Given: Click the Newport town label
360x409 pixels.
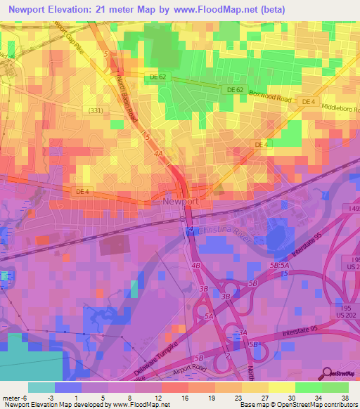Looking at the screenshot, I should pos(181,201).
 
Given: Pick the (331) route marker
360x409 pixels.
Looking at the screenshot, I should pos(96,110).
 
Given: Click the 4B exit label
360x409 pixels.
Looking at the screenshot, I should pos(196,266).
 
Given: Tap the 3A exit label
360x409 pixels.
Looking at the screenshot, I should pos(243,332).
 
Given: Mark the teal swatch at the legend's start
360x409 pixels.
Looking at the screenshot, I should pos(41,387).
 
